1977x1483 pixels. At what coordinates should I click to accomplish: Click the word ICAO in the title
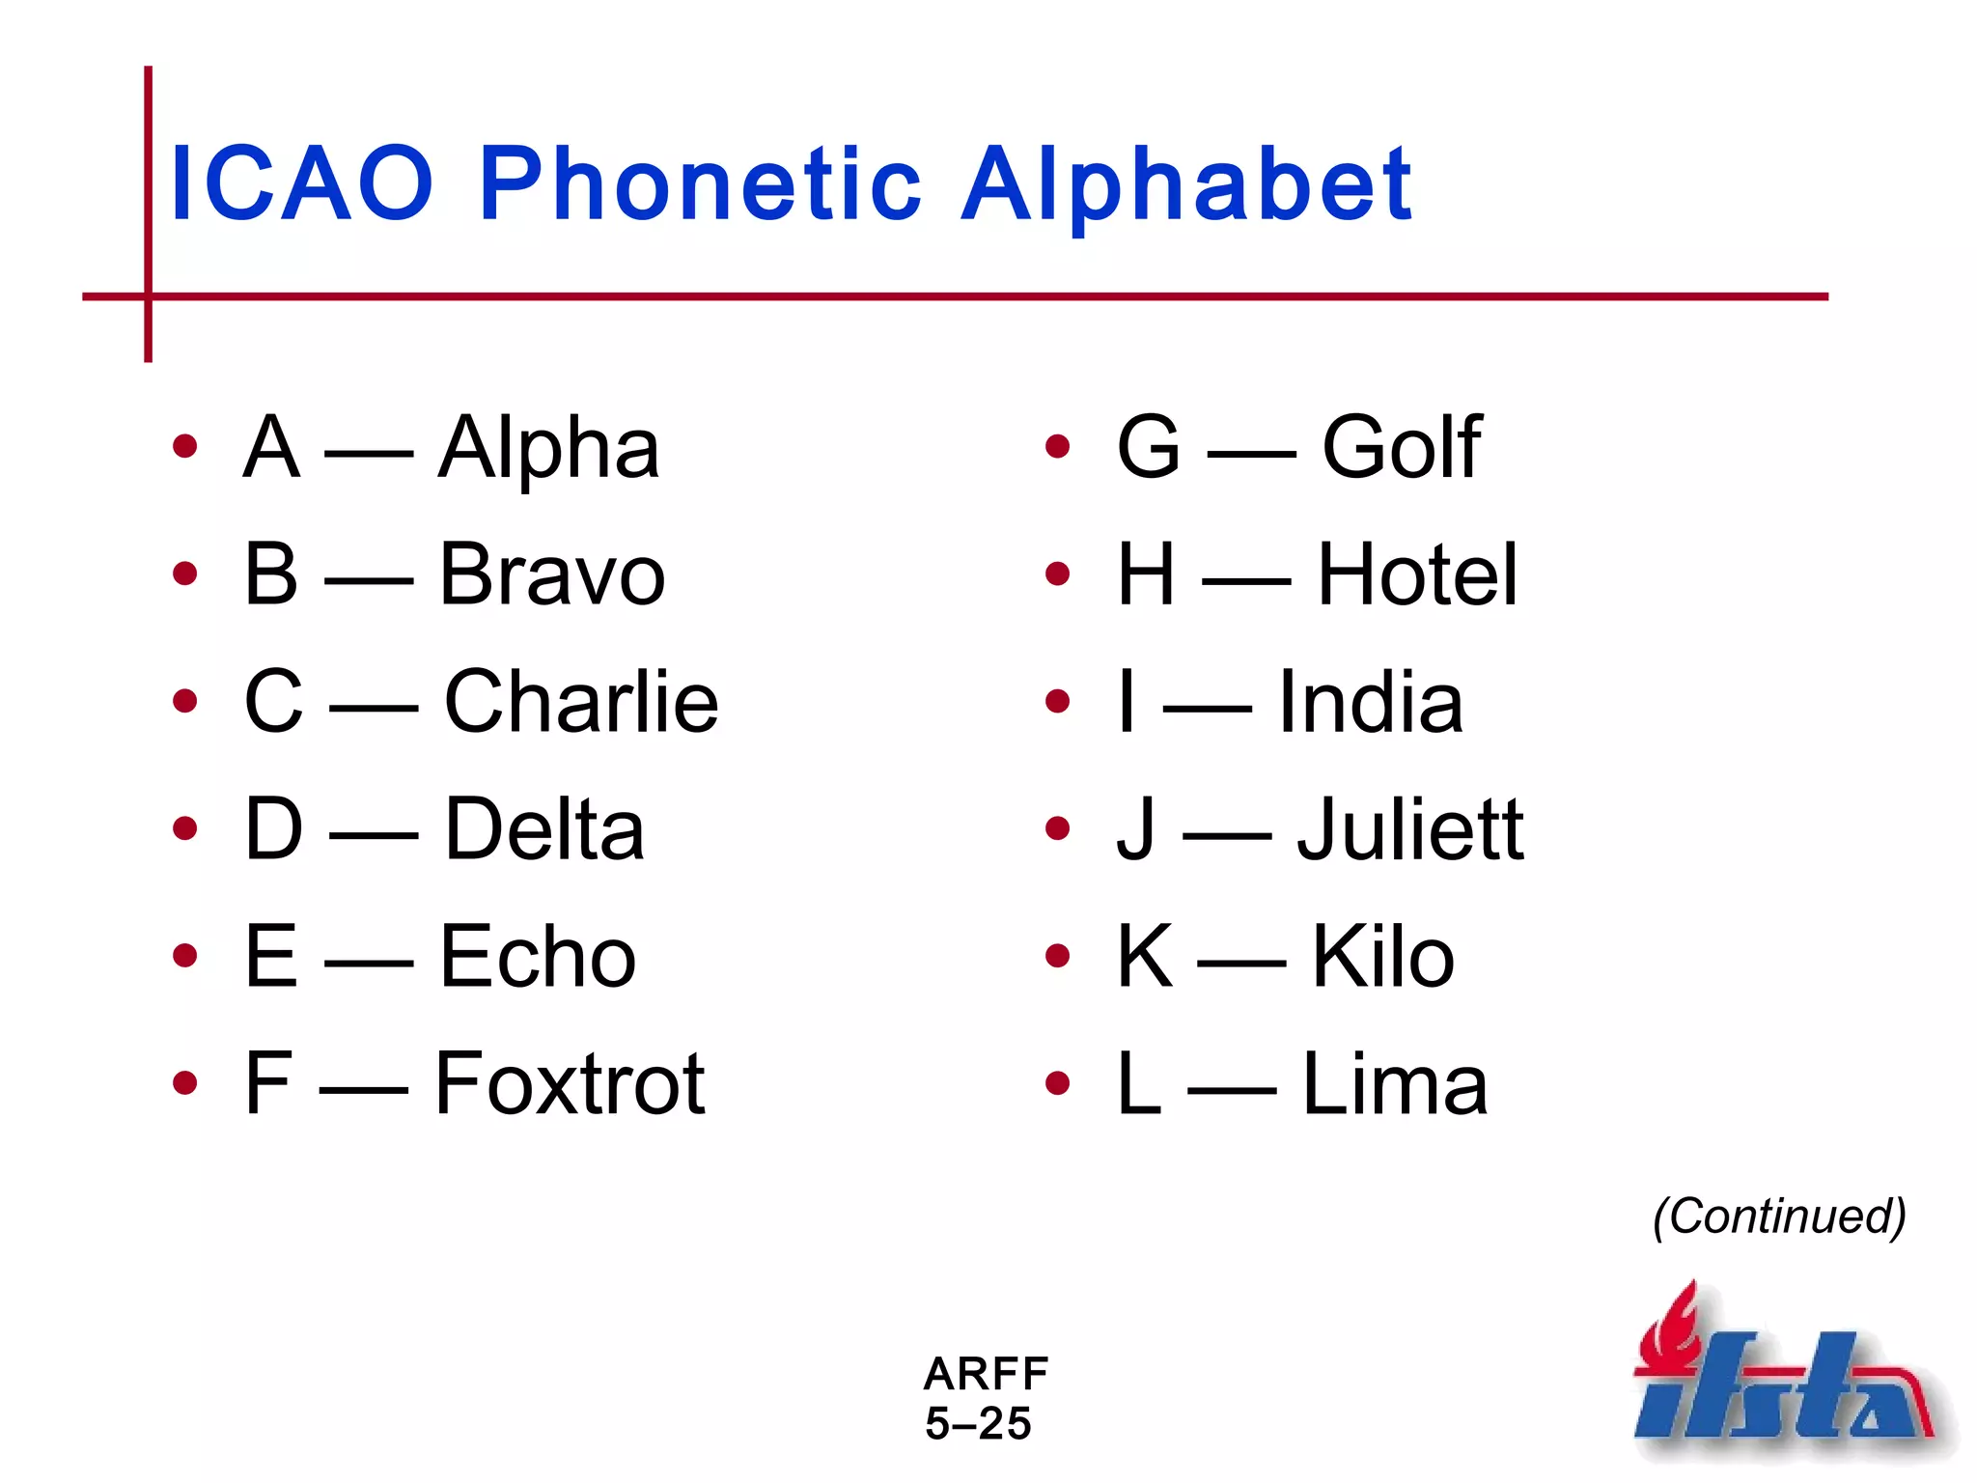[301, 183]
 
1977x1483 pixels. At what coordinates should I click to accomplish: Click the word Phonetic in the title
[700, 183]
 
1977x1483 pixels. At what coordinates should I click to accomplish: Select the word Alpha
[548, 448]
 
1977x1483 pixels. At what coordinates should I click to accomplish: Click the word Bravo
[552, 575]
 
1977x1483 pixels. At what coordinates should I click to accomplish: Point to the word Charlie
[581, 702]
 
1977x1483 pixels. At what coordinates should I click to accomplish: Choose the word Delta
[543, 829]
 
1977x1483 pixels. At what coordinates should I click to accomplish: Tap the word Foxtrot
[570, 1084]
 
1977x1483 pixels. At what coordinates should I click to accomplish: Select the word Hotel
[1417, 575]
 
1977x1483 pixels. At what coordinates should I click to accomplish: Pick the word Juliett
[1409, 829]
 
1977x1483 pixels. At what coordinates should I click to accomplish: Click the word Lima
[1395, 1084]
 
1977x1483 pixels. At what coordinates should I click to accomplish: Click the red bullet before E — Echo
[184, 956]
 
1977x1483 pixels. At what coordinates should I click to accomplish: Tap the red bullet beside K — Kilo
[1058, 956]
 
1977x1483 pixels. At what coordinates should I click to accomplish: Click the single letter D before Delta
[273, 829]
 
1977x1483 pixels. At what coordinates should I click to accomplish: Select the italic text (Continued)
[1779, 1217]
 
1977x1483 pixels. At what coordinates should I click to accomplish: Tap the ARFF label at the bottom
[986, 1373]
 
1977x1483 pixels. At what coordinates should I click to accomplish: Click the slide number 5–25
[978, 1424]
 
